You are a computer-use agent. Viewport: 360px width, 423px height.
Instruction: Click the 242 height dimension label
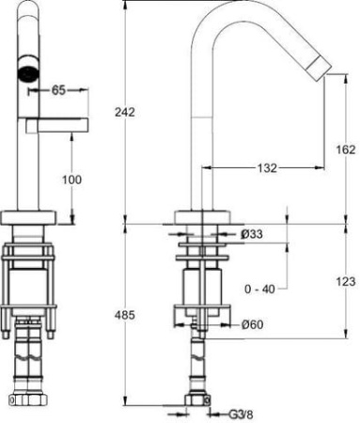point(125,112)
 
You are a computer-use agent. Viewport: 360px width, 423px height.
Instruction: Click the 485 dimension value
point(125,315)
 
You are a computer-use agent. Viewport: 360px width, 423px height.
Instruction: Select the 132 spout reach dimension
point(267,168)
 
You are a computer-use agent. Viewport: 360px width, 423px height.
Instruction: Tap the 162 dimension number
point(346,149)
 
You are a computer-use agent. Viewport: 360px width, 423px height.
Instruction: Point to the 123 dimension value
point(346,282)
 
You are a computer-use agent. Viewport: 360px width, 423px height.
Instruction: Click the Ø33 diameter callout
point(252,234)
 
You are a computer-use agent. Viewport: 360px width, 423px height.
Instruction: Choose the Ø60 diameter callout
point(252,324)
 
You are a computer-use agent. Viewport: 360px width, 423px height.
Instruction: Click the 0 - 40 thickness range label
point(259,289)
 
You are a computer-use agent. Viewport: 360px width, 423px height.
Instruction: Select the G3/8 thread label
point(241,415)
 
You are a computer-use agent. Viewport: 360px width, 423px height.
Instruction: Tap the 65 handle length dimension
point(58,90)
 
